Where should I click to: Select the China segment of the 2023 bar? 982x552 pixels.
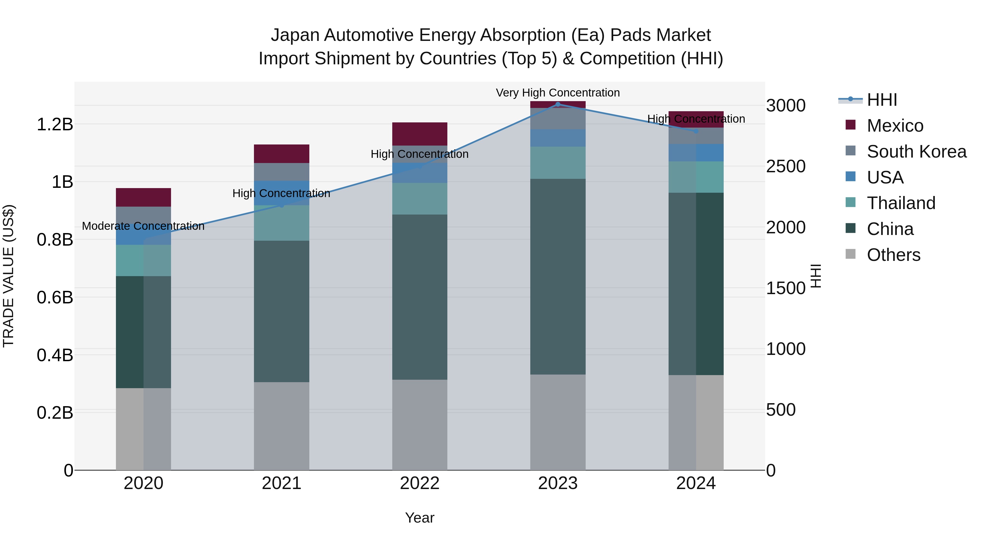coord(558,277)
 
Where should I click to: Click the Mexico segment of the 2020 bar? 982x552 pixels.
coord(143,197)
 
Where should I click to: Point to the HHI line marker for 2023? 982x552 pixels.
coord(558,104)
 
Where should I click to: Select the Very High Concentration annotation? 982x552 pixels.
coord(558,93)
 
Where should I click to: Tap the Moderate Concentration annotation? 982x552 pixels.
coord(143,226)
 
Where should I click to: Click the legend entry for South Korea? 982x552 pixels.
coord(917,152)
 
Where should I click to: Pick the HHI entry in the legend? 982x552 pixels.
coord(882,100)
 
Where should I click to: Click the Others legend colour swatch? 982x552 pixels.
coord(851,254)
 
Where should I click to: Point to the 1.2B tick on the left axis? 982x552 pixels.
coord(55,125)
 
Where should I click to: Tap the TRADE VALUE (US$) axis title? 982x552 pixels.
coord(8,276)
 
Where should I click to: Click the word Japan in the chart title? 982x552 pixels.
coord(295,35)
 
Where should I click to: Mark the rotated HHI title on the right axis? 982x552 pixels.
coord(815,276)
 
